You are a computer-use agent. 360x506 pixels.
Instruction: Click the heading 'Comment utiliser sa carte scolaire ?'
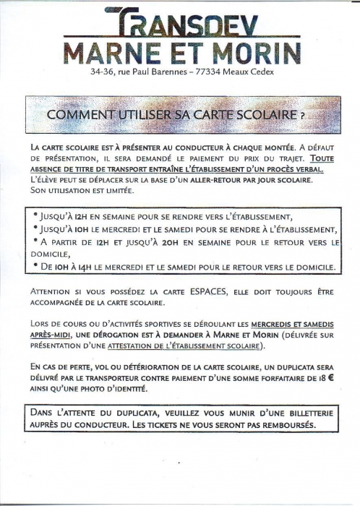click(176, 115)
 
